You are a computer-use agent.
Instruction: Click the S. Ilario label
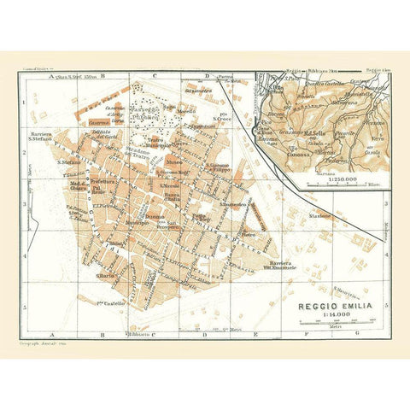[x=106, y=276]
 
